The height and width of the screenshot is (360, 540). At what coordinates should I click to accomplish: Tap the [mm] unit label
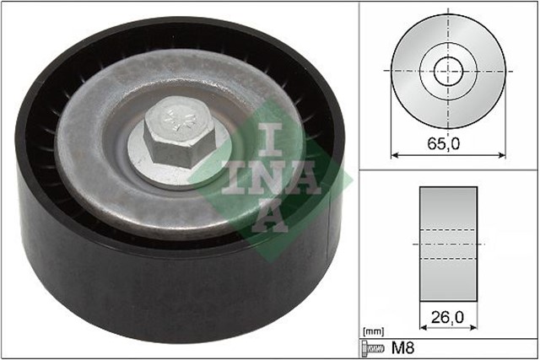[372, 331]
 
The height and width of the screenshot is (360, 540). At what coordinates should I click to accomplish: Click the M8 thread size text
[402, 347]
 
